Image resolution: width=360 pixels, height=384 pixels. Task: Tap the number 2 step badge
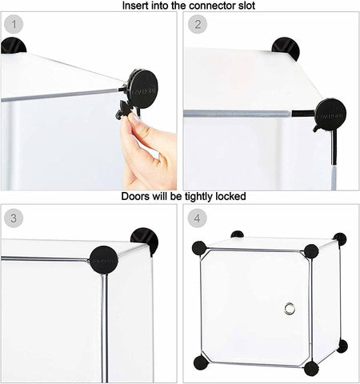coord(198,24)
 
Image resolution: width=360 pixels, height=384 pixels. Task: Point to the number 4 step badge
coord(198,217)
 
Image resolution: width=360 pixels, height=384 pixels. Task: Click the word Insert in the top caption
coord(136,6)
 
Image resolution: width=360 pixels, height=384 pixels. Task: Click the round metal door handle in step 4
coord(290,309)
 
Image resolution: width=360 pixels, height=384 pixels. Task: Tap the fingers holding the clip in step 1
coord(149,148)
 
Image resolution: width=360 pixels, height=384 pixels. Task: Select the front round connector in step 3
coord(103,259)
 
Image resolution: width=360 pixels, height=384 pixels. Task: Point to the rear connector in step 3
coord(145,240)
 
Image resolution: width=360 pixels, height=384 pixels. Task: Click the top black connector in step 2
coord(286,48)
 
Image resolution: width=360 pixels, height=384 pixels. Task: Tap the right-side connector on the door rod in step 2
coord(329,114)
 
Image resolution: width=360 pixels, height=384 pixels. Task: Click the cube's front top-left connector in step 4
coord(199,248)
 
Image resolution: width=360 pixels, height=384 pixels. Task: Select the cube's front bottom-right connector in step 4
coord(310,368)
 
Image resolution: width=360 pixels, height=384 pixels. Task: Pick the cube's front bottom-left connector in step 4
coord(200,362)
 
